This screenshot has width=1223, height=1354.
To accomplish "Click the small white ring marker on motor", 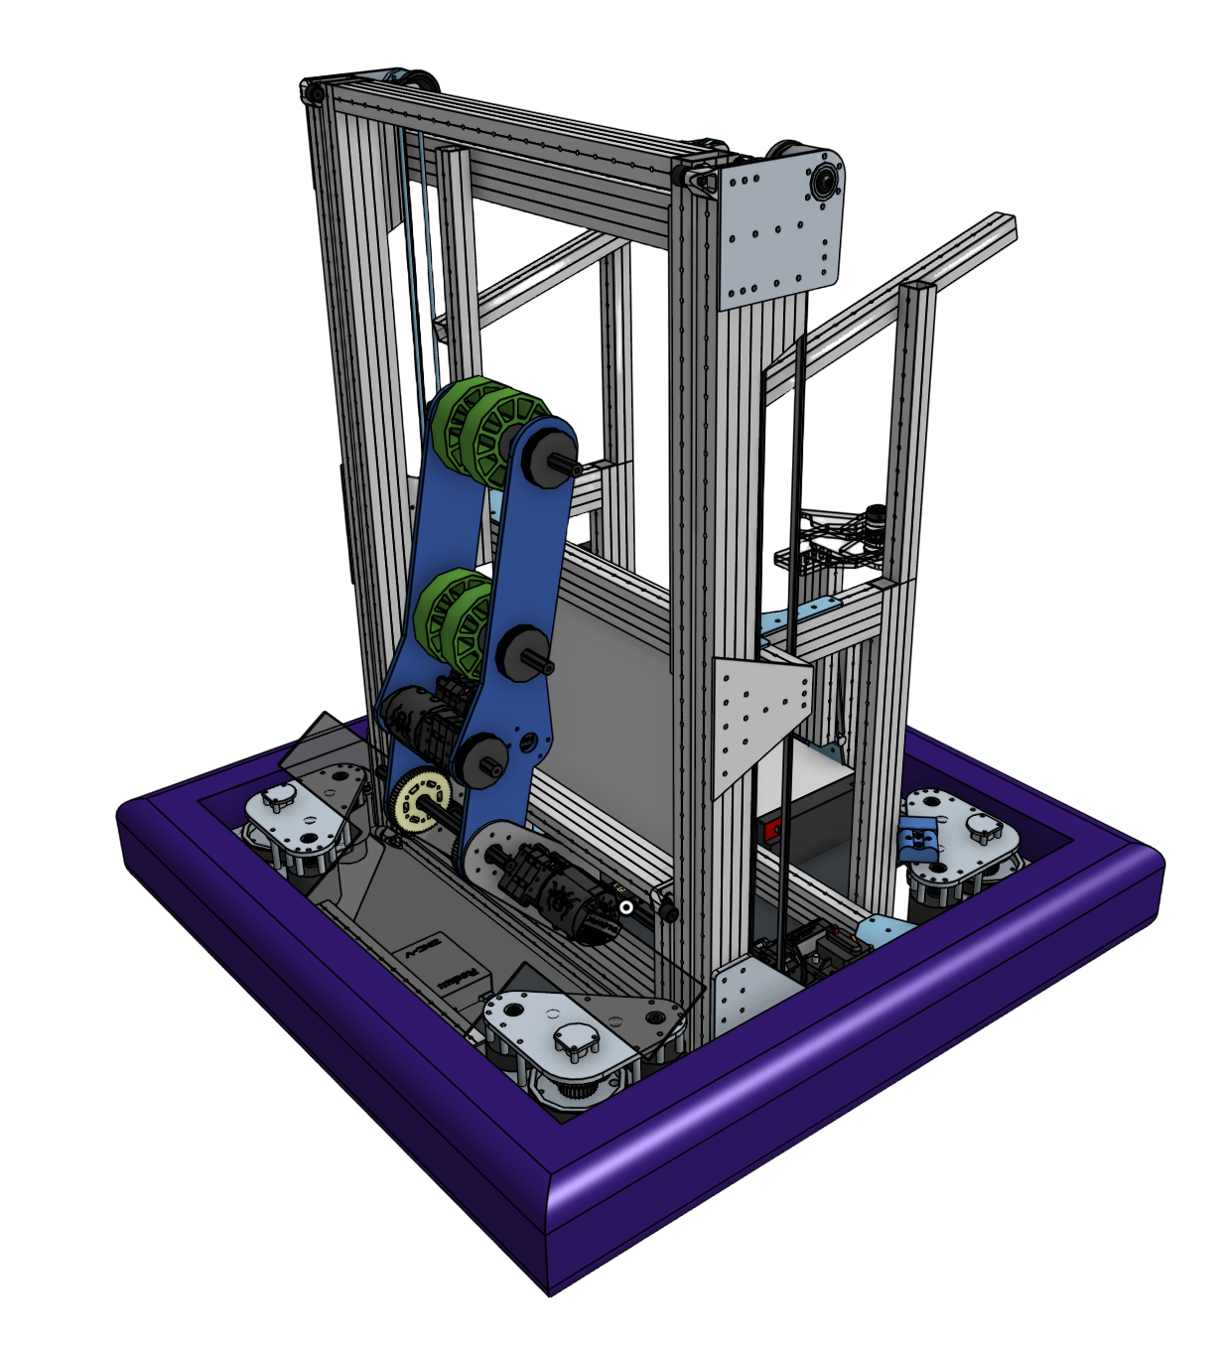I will [x=626, y=906].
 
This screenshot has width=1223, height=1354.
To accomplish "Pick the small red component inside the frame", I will [x=771, y=826].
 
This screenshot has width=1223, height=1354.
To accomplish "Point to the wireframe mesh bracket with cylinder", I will [x=832, y=541].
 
